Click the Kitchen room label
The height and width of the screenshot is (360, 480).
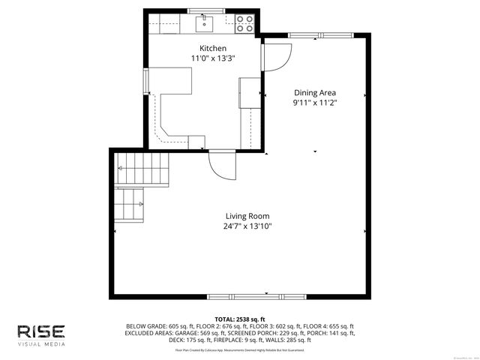pyautogui.click(x=208, y=49)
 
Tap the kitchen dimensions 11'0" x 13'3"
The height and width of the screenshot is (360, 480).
pyautogui.click(x=208, y=58)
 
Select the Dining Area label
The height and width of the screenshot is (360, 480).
pyautogui.click(x=315, y=93)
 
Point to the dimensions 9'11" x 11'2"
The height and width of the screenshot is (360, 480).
pyautogui.click(x=315, y=103)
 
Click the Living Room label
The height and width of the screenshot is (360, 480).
pyautogui.click(x=247, y=216)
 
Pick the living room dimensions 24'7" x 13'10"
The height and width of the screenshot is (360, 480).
pyautogui.click(x=247, y=226)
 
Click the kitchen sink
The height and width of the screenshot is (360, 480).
pyautogui.click(x=205, y=25)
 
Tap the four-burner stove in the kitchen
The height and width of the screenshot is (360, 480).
pyautogui.click(x=244, y=25)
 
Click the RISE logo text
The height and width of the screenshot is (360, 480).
pyautogui.click(x=41, y=331)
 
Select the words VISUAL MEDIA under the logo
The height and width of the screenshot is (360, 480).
pyautogui.click(x=41, y=344)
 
